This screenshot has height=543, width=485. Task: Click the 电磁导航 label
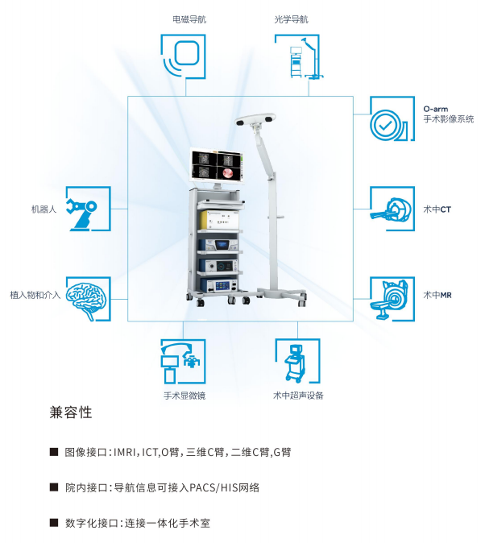click(189, 19)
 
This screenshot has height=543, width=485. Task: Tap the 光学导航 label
click(291, 19)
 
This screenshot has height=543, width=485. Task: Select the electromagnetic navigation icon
click(183, 56)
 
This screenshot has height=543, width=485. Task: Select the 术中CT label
click(437, 209)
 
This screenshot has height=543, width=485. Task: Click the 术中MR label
click(437, 295)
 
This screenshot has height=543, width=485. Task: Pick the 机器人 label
click(44, 209)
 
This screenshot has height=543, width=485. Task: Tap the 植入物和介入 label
click(35, 295)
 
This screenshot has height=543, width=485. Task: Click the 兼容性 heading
click(71, 412)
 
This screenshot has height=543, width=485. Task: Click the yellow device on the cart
click(219, 220)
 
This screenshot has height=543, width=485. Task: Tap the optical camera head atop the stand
click(255, 119)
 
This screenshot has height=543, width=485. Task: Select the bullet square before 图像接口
click(54, 452)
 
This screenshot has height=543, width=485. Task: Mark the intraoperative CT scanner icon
click(392, 209)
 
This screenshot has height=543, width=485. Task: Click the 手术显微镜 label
click(184, 396)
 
